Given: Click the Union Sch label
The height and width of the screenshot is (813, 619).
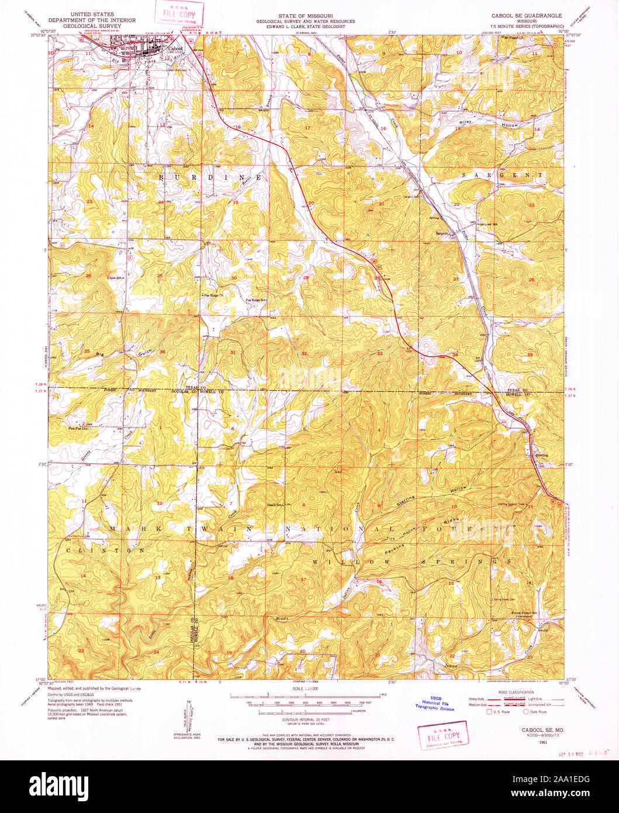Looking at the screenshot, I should (116, 277).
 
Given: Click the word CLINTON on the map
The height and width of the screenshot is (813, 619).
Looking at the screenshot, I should (105, 550).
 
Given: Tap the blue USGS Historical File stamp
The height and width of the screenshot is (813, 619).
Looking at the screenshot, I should (434, 703).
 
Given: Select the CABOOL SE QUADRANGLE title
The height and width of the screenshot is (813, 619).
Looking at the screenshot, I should (523, 15).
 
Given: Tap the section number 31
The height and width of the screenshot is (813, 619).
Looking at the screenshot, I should (233, 352).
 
